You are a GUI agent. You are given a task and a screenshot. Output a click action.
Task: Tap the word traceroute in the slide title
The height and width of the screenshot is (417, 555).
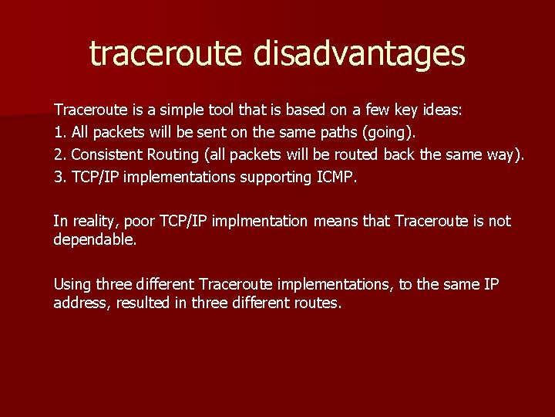(163, 53)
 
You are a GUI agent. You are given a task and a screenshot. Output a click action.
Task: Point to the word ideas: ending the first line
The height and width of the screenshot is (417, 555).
(440, 110)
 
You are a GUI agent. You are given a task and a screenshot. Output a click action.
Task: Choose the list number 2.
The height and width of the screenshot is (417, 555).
(59, 155)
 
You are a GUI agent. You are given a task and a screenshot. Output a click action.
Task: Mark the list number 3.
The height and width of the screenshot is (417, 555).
(59, 178)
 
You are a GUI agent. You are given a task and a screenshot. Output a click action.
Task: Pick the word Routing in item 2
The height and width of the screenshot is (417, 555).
(173, 155)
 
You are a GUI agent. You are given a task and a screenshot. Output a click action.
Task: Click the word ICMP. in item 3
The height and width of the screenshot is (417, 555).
(338, 178)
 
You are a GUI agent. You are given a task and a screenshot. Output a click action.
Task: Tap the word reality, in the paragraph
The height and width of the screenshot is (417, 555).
(92, 222)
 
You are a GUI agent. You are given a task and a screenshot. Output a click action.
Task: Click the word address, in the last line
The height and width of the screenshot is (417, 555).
(82, 303)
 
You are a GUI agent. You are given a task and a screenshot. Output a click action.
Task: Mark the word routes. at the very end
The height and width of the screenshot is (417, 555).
(317, 303)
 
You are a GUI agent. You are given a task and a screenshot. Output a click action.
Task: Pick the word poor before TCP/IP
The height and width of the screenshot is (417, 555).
(140, 222)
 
